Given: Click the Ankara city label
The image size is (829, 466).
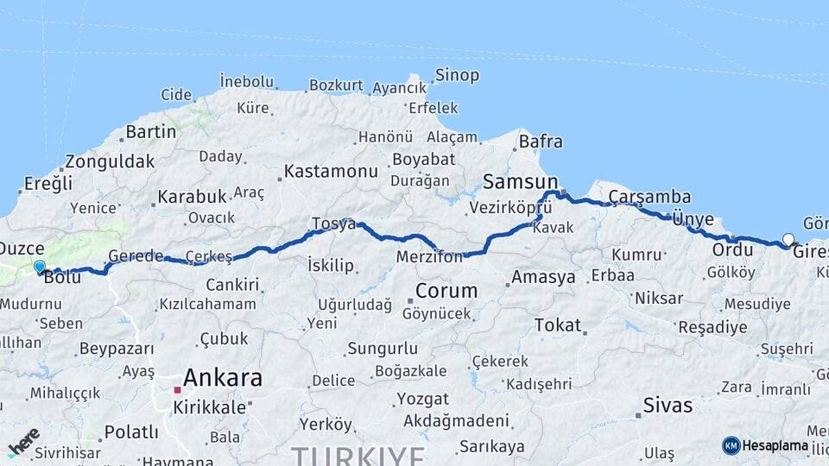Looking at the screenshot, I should [223, 377].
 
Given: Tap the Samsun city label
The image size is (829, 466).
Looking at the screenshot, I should [521, 181].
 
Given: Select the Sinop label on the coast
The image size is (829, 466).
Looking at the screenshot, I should [457, 75].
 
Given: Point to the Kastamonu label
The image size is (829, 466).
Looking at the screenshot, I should [331, 171].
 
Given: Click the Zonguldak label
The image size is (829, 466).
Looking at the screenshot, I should [110, 161].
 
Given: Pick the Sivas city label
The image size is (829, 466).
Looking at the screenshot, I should [668, 405].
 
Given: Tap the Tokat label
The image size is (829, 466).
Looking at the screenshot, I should [557, 324].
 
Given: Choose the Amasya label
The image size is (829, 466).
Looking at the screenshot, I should [543, 277].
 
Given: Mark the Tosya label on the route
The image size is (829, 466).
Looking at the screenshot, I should [333, 224].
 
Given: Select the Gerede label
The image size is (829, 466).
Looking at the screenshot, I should [136, 256].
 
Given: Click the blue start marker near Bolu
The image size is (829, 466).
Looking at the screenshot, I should [39, 267].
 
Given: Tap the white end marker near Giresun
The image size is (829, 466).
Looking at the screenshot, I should [788, 239].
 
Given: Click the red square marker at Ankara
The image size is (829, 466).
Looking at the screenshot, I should [177, 390].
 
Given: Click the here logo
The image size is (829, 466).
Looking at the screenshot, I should [23, 441].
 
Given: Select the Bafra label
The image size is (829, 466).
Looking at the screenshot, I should [541, 142].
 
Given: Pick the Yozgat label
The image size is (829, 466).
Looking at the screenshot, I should [422, 400].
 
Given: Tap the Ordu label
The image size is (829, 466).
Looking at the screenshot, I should [732, 249].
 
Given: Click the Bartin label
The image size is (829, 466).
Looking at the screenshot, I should [150, 132].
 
